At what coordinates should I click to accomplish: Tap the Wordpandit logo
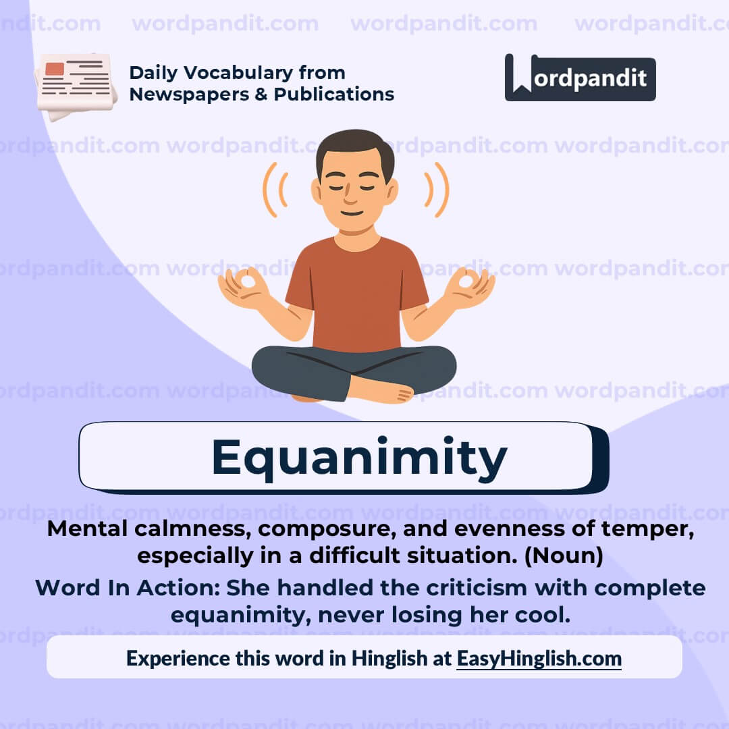[580, 78]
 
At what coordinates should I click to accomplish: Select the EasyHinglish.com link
[539, 658]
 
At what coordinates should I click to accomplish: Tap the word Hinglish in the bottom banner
[389, 658]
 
